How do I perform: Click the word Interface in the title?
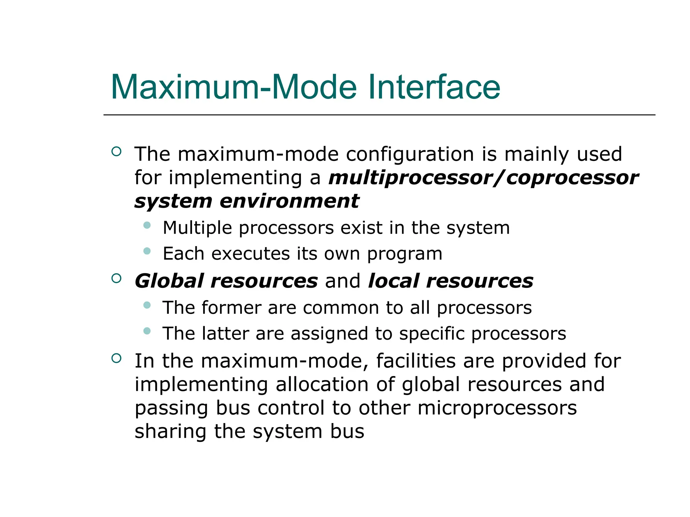coord(434,88)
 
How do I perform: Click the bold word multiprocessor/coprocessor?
coord(483,178)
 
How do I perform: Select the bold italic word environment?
coord(289,201)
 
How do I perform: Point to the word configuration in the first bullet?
coord(410,154)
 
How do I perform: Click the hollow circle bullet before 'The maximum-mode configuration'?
coord(116,151)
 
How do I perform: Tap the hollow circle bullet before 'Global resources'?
coord(116,278)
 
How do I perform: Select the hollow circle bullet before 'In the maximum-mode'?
coord(116,358)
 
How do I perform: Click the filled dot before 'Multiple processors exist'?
coord(147,225)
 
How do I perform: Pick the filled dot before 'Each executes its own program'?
coord(147,251)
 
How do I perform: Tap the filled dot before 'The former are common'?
coord(147,305)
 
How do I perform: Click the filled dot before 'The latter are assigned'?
coord(147,331)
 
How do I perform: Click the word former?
coord(231,308)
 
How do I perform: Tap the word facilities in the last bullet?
coord(416,361)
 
